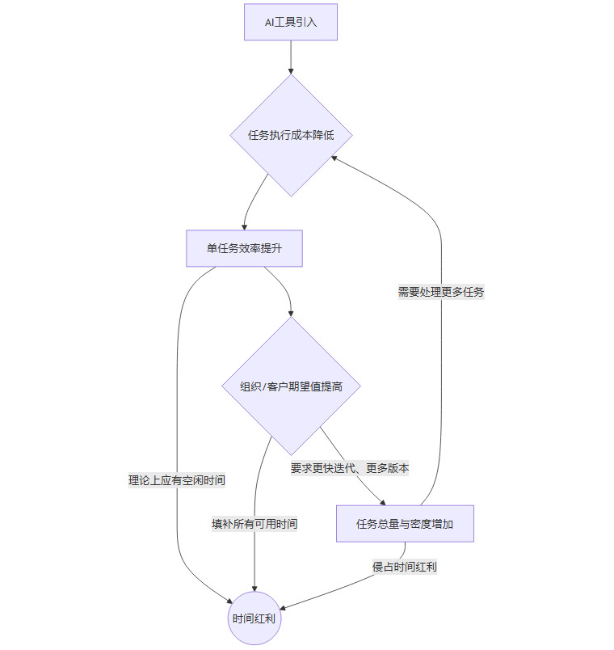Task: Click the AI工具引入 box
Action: [290, 22]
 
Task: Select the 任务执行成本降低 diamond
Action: [290, 135]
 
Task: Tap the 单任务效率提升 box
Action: [244, 249]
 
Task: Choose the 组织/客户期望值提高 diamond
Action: [291, 386]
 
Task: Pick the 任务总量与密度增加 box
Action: [404, 524]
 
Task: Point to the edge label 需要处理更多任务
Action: [440, 292]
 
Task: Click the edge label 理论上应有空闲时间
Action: [176, 480]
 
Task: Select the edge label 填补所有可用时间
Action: [254, 524]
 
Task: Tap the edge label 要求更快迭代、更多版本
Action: [350, 468]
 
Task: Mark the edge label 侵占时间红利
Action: [404, 567]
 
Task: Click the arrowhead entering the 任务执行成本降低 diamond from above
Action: [290, 71]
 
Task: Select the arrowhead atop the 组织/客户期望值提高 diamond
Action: [291, 314]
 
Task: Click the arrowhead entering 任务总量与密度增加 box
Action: [383, 502]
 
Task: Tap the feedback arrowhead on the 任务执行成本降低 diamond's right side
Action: [334, 158]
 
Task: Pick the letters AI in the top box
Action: [270, 22]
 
